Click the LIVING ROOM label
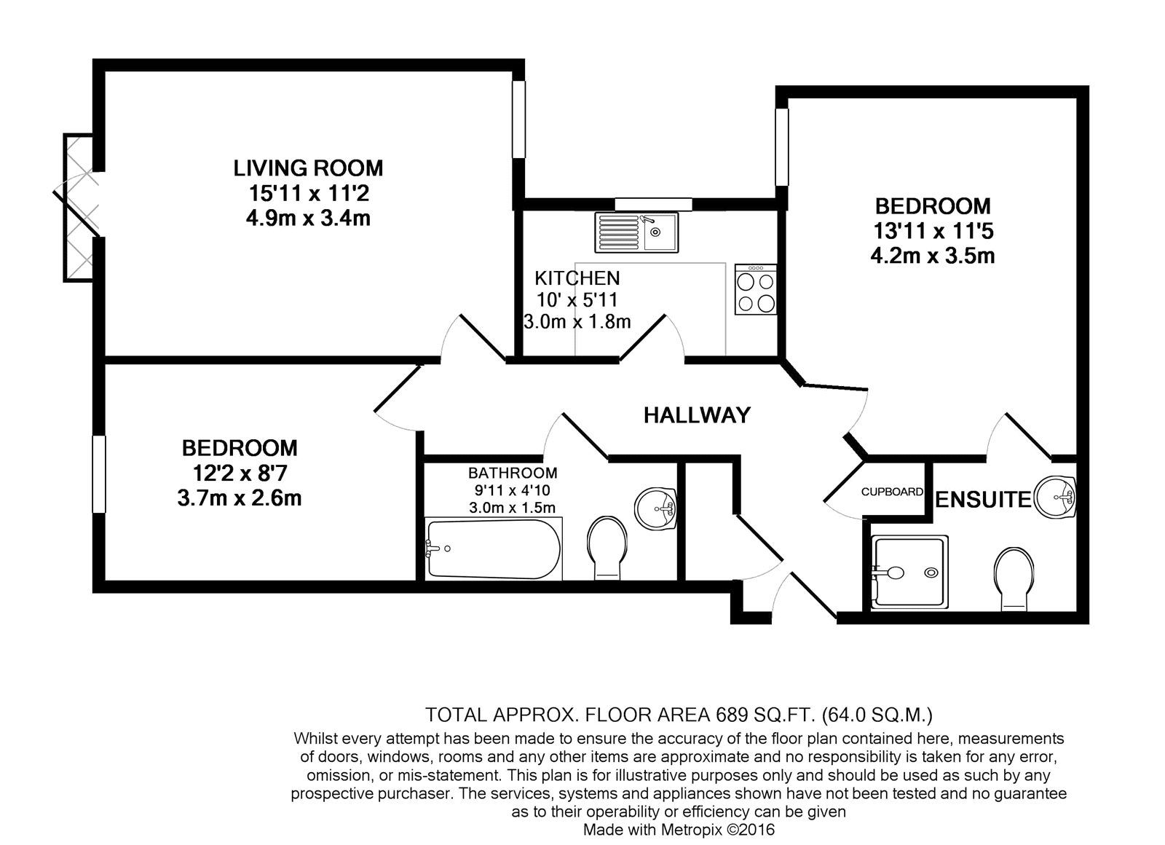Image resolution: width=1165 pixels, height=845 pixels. tap(308, 168)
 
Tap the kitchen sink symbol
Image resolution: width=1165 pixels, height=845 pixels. tap(636, 232)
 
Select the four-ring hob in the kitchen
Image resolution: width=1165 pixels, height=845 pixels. tap(756, 289)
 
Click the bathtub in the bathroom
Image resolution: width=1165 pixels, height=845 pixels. tap(493, 549)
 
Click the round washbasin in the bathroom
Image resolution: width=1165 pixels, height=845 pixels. tap(655, 508)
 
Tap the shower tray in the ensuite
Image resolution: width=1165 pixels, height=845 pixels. tap(910, 573)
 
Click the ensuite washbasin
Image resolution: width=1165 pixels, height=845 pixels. tap(1056, 498)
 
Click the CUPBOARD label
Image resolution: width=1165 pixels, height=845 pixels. tap(892, 492)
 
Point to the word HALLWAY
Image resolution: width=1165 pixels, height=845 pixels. tap(697, 415)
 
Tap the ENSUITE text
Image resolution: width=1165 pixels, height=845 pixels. tap(983, 500)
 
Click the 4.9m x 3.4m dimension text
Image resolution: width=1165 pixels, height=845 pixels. tap(308, 218)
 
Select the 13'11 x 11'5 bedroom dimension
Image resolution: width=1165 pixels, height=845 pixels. tap(933, 231)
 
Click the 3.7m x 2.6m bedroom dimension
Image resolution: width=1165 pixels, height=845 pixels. tap(240, 498)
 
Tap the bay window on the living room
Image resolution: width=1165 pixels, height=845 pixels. tap(77, 206)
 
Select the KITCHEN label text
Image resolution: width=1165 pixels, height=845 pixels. tap(577, 278)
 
